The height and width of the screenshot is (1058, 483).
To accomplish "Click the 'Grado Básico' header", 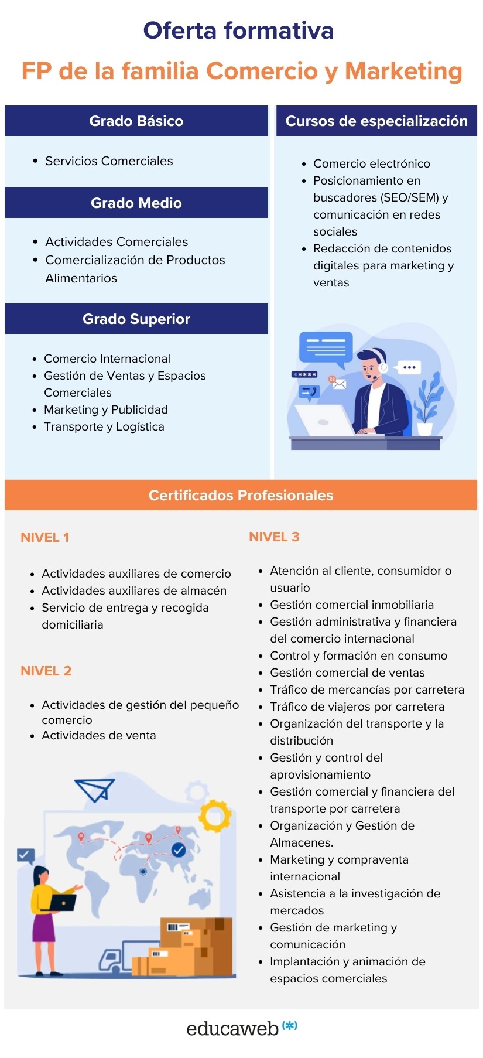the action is tap(136, 121).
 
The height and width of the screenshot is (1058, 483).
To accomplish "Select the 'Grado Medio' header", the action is tap(136, 203).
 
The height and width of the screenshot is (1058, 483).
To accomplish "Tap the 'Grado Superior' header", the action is tap(136, 319).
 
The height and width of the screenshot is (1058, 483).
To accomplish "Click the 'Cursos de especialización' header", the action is tap(376, 121).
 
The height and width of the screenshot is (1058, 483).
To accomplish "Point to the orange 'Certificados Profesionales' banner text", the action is tap(241, 495).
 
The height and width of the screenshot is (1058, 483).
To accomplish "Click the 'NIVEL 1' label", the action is tap(45, 537).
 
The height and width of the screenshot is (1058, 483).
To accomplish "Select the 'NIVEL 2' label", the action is tap(46, 671).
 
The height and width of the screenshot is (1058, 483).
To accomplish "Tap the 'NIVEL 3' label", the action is tap(274, 537).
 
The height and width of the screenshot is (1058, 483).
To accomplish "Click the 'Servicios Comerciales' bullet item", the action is tap(109, 161).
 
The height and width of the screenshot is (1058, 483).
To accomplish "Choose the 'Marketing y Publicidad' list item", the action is tap(106, 409).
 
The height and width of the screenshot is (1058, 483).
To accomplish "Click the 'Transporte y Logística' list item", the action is tap(104, 426).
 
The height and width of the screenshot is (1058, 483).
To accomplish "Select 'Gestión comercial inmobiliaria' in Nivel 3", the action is tap(352, 605).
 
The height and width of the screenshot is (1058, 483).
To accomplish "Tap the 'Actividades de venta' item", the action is tap(99, 735).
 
